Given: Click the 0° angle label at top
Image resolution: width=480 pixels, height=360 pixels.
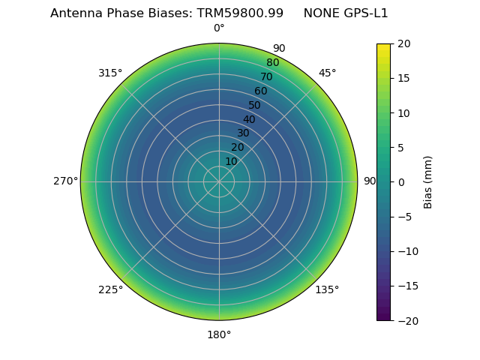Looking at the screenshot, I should (219, 28).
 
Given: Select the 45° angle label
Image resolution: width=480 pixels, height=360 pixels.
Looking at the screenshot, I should (327, 73).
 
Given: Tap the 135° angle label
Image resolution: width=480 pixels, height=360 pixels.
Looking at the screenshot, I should (327, 289).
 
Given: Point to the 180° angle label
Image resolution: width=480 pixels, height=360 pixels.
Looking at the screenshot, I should (219, 334).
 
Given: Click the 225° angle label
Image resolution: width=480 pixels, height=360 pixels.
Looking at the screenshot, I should (110, 289).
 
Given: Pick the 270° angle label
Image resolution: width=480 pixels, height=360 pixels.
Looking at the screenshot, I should (65, 181).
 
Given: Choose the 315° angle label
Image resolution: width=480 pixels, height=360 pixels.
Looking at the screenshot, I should (110, 73).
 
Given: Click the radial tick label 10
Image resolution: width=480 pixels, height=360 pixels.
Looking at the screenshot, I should (231, 161).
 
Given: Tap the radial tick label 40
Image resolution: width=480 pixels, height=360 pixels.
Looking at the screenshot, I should (249, 119).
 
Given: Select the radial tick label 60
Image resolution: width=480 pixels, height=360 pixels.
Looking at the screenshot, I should (260, 91).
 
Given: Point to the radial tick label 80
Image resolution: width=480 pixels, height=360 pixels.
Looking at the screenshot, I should (272, 63).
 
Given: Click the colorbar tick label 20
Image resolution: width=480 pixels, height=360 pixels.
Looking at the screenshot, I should (403, 44).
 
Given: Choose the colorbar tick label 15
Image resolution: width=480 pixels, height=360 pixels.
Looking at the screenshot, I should (403, 79).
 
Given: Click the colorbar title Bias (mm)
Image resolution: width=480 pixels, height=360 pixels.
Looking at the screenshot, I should (428, 182).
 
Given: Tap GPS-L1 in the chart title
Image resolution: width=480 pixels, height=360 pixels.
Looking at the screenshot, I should (364, 13).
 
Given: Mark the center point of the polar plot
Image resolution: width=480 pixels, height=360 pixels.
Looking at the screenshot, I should (219, 181).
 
